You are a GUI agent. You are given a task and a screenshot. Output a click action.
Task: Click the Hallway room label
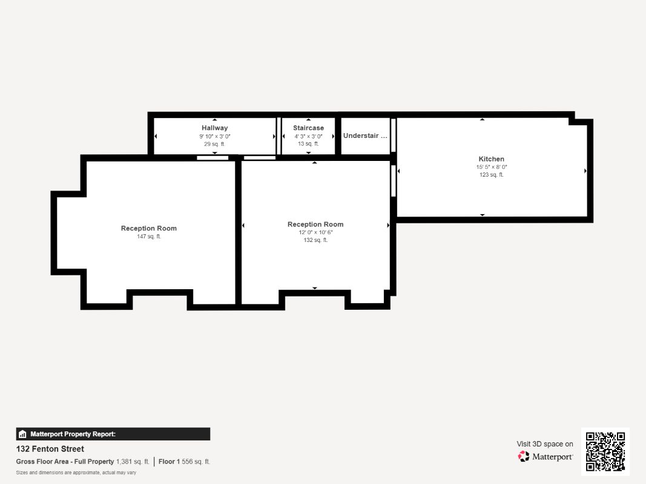(215, 128)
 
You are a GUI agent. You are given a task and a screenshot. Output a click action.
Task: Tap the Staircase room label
(308, 128)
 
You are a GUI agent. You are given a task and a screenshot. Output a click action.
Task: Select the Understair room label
(364, 136)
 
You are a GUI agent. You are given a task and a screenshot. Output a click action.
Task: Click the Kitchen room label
(491, 159)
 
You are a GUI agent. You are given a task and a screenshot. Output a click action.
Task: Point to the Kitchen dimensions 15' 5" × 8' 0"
(491, 167)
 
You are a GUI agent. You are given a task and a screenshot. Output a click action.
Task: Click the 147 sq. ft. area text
(149, 237)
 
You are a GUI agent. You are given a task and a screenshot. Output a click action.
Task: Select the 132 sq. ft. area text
(315, 240)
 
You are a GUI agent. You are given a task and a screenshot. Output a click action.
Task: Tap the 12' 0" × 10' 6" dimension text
(315, 232)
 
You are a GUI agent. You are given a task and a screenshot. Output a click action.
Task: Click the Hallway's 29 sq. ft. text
(215, 144)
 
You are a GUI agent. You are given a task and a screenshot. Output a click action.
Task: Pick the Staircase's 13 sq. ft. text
(308, 144)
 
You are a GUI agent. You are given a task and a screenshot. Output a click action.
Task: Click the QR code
(605, 451)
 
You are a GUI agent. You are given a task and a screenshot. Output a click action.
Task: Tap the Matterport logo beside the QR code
(545, 457)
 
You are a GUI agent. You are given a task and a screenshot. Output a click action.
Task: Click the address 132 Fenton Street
(50, 449)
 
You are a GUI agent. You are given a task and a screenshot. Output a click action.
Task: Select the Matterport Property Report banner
(113, 434)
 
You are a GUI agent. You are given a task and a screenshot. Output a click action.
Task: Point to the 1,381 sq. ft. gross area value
(133, 462)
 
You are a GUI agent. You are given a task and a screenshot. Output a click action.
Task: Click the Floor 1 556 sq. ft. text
(185, 462)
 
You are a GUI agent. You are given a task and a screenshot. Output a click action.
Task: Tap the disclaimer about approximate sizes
(76, 473)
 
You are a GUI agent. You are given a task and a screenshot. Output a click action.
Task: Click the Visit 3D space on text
(545, 444)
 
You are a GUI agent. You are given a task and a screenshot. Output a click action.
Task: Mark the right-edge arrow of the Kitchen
(585, 171)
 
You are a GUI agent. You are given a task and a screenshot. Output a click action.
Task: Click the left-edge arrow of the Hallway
(156, 136)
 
